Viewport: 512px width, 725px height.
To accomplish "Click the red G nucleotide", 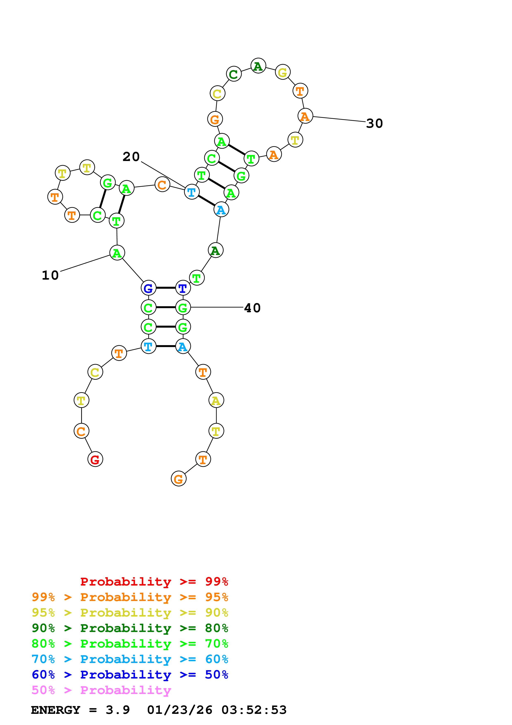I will coord(95,459).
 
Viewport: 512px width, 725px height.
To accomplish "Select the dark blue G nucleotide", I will coord(148,288).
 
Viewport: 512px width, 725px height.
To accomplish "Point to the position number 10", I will coord(50,275).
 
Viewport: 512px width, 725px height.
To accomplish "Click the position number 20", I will coord(131,157).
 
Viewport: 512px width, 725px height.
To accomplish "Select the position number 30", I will coord(374,123).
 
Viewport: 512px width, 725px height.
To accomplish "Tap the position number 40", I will coord(252,308).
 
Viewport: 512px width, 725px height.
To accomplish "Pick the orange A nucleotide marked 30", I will coord(305,116).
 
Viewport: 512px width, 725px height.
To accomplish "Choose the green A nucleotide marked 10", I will coord(117,253).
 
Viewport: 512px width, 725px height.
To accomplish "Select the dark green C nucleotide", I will coord(233,74).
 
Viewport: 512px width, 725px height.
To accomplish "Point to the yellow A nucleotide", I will coord(216,400).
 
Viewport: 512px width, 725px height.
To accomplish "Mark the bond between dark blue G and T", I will coord(166,288).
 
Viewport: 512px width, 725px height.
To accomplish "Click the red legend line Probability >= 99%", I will coord(154,582).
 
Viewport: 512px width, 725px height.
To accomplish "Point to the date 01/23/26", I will coord(179,710).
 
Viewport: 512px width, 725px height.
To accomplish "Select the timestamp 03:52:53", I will coord(254,710).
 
